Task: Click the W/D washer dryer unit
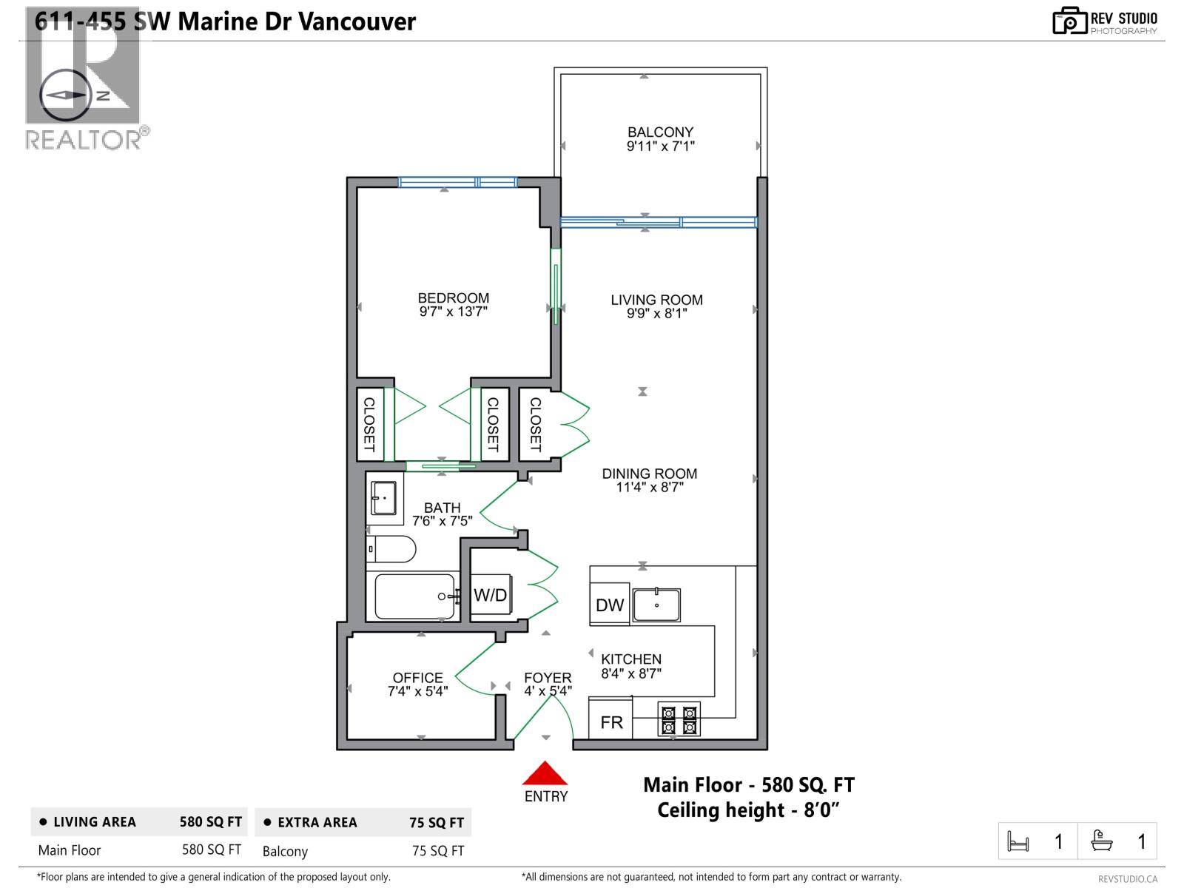(x=491, y=594)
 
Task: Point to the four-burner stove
(x=679, y=719)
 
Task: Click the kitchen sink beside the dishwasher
(x=656, y=605)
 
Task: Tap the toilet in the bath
(x=391, y=549)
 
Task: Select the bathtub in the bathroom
(x=414, y=596)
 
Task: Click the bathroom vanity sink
(x=384, y=497)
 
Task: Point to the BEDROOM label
(x=454, y=298)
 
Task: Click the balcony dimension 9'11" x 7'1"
(x=660, y=146)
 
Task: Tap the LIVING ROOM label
(x=656, y=300)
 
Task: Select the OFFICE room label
(x=417, y=678)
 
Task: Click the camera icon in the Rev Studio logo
(x=1069, y=21)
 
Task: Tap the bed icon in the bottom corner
(x=1017, y=841)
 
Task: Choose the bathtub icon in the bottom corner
(x=1101, y=841)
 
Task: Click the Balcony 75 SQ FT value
(x=438, y=851)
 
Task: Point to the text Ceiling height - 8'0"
(x=748, y=810)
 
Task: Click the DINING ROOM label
(x=650, y=474)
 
